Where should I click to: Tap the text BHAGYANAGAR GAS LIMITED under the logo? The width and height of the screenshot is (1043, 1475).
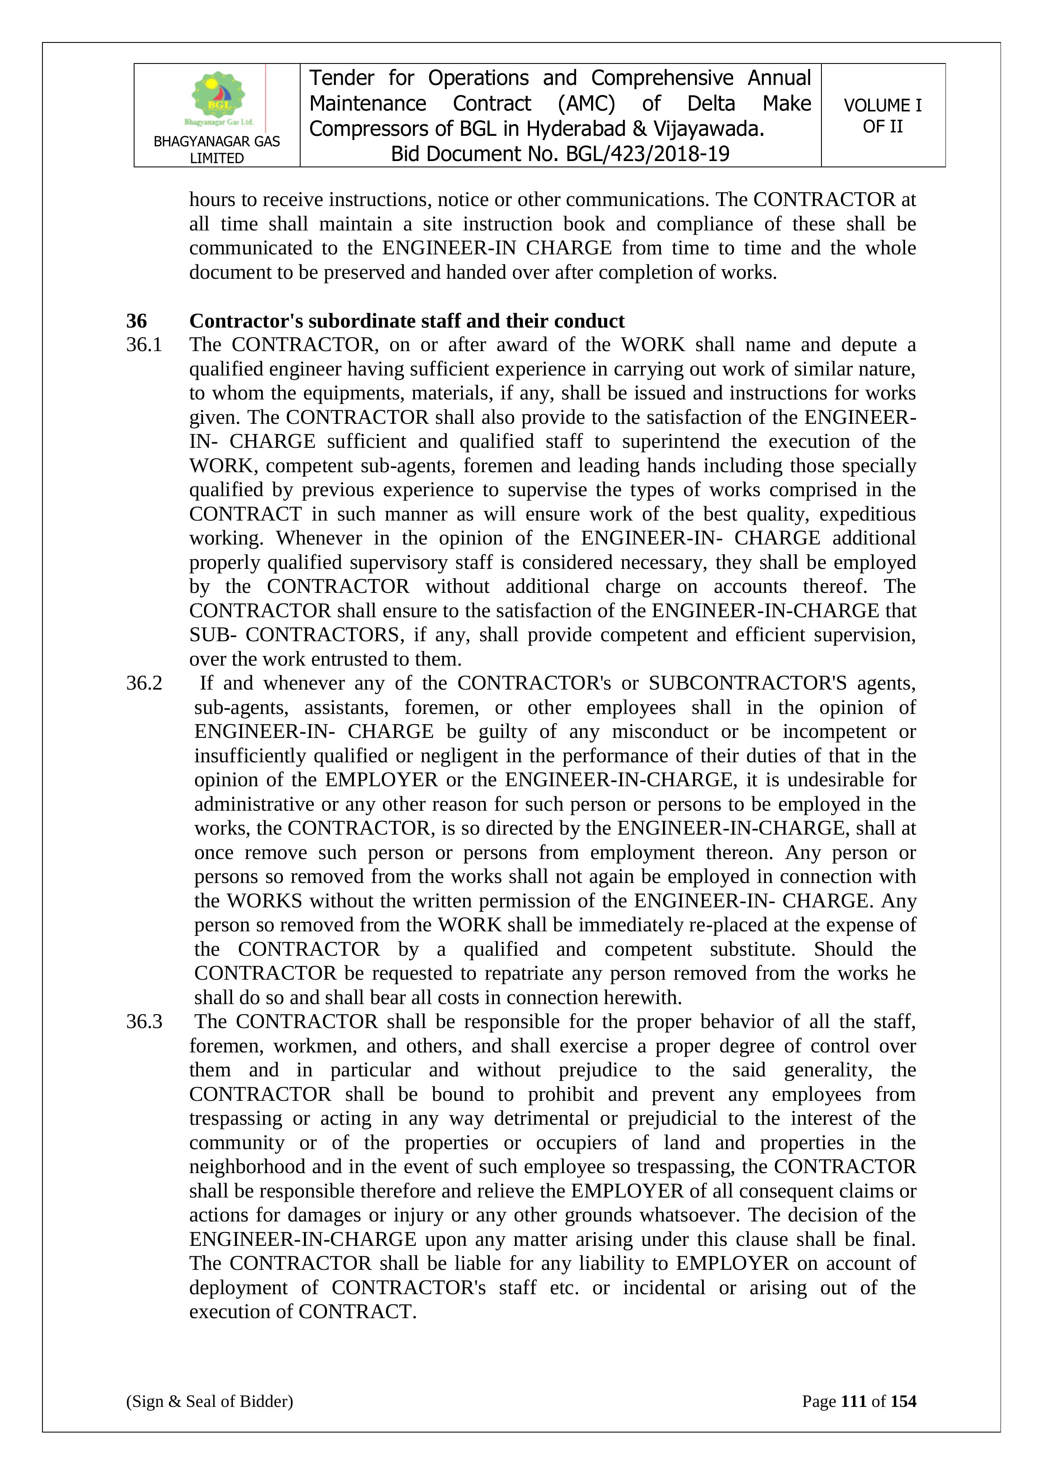click(217, 150)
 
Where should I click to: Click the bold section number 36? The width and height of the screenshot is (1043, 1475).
click(136, 320)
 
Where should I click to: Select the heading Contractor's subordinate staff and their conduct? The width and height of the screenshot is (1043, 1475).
click(407, 320)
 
